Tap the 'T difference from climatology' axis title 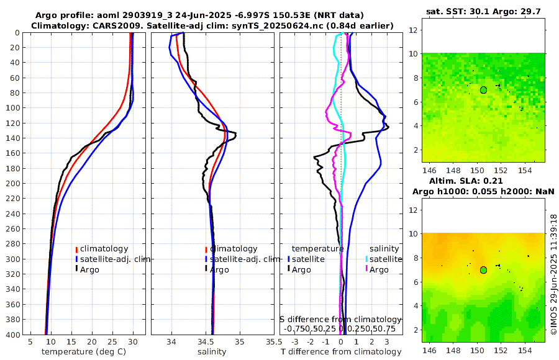[341, 352]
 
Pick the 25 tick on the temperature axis [112, 341]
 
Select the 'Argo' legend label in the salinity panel [219, 269]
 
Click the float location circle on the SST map [483, 89]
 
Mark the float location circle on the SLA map [483, 270]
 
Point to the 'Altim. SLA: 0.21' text [483, 180]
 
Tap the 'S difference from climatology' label [341, 319]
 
